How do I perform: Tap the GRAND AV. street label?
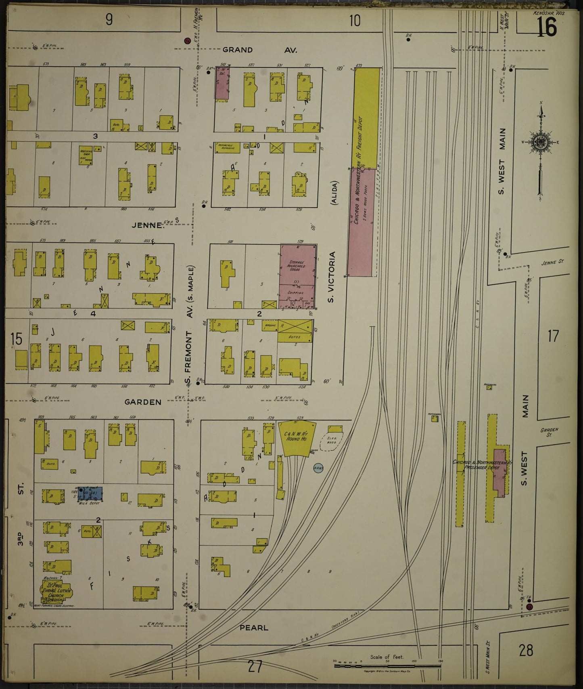click(260, 50)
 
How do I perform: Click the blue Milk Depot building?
click(90, 493)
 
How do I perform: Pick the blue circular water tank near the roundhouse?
click(318, 468)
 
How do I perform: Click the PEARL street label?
click(254, 628)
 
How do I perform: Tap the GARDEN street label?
click(143, 402)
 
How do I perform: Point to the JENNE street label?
click(148, 225)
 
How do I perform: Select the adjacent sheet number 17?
click(553, 336)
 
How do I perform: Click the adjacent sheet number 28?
click(526, 650)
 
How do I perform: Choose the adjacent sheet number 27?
click(255, 666)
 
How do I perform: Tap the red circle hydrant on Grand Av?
click(187, 40)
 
